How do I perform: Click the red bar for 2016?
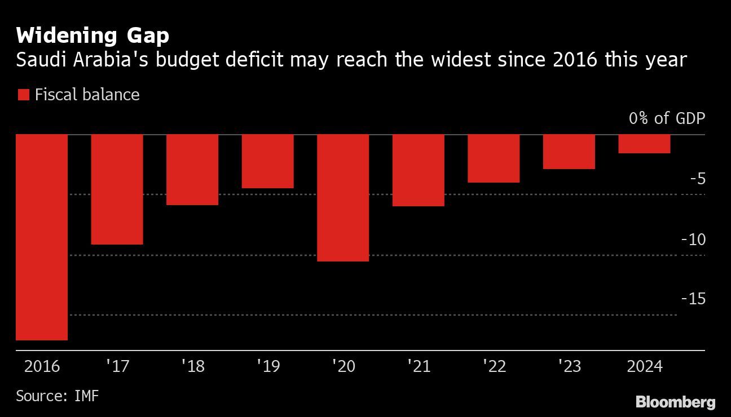[42, 237]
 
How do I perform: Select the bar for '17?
[117, 189]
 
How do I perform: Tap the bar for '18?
[192, 170]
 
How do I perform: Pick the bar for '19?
[268, 161]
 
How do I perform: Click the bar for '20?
[343, 198]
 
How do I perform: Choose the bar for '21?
[419, 170]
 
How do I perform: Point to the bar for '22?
[494, 158]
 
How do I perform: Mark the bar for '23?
[569, 152]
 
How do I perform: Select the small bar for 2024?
[644, 144]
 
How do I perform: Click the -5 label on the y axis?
[697, 179]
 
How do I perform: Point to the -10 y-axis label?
[693, 239]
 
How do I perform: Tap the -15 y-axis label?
[693, 299]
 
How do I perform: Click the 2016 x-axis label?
[42, 366]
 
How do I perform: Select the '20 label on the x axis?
[343, 366]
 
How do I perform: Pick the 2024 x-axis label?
[644, 366]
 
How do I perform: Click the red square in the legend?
[23, 95]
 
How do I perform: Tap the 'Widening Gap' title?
[93, 36]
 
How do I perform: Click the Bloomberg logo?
[675, 402]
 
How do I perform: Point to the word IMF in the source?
[86, 396]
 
